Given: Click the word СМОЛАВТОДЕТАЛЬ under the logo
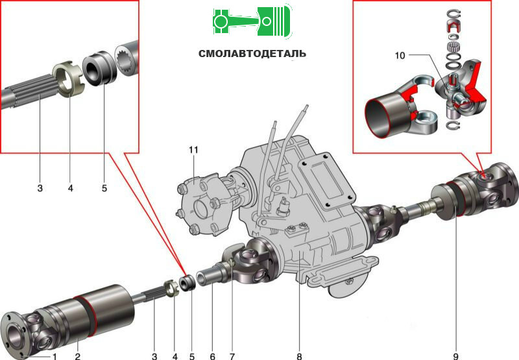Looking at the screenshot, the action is pyautogui.click(x=252, y=54).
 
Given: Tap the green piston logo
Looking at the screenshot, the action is pyautogui.click(x=252, y=21).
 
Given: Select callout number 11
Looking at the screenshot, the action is pyautogui.click(x=193, y=150).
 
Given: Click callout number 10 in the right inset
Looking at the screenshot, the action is pyautogui.click(x=400, y=55).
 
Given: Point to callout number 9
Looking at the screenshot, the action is pyautogui.click(x=456, y=356).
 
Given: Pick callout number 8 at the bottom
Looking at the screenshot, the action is pyautogui.click(x=299, y=356).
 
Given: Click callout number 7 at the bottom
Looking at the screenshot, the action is pyautogui.click(x=232, y=356).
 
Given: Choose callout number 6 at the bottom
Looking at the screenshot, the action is pyautogui.click(x=212, y=356).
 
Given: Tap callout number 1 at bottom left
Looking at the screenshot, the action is pyautogui.click(x=54, y=356).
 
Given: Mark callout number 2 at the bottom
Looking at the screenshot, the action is pyautogui.click(x=77, y=356).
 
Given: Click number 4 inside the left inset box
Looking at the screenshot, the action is pyautogui.click(x=71, y=188).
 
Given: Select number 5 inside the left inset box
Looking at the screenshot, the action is pyautogui.click(x=104, y=188).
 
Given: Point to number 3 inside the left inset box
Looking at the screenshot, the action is pyautogui.click(x=40, y=188).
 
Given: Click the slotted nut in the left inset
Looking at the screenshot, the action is pyautogui.click(x=69, y=79).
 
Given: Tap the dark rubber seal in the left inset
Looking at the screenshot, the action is pyautogui.click(x=99, y=68).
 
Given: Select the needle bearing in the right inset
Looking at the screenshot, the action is pyautogui.click(x=453, y=47).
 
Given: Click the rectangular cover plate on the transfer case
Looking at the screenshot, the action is pyautogui.click(x=326, y=182).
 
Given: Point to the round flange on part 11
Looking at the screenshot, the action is pyautogui.click(x=200, y=207).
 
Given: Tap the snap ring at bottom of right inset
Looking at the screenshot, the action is pyautogui.click(x=453, y=125).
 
